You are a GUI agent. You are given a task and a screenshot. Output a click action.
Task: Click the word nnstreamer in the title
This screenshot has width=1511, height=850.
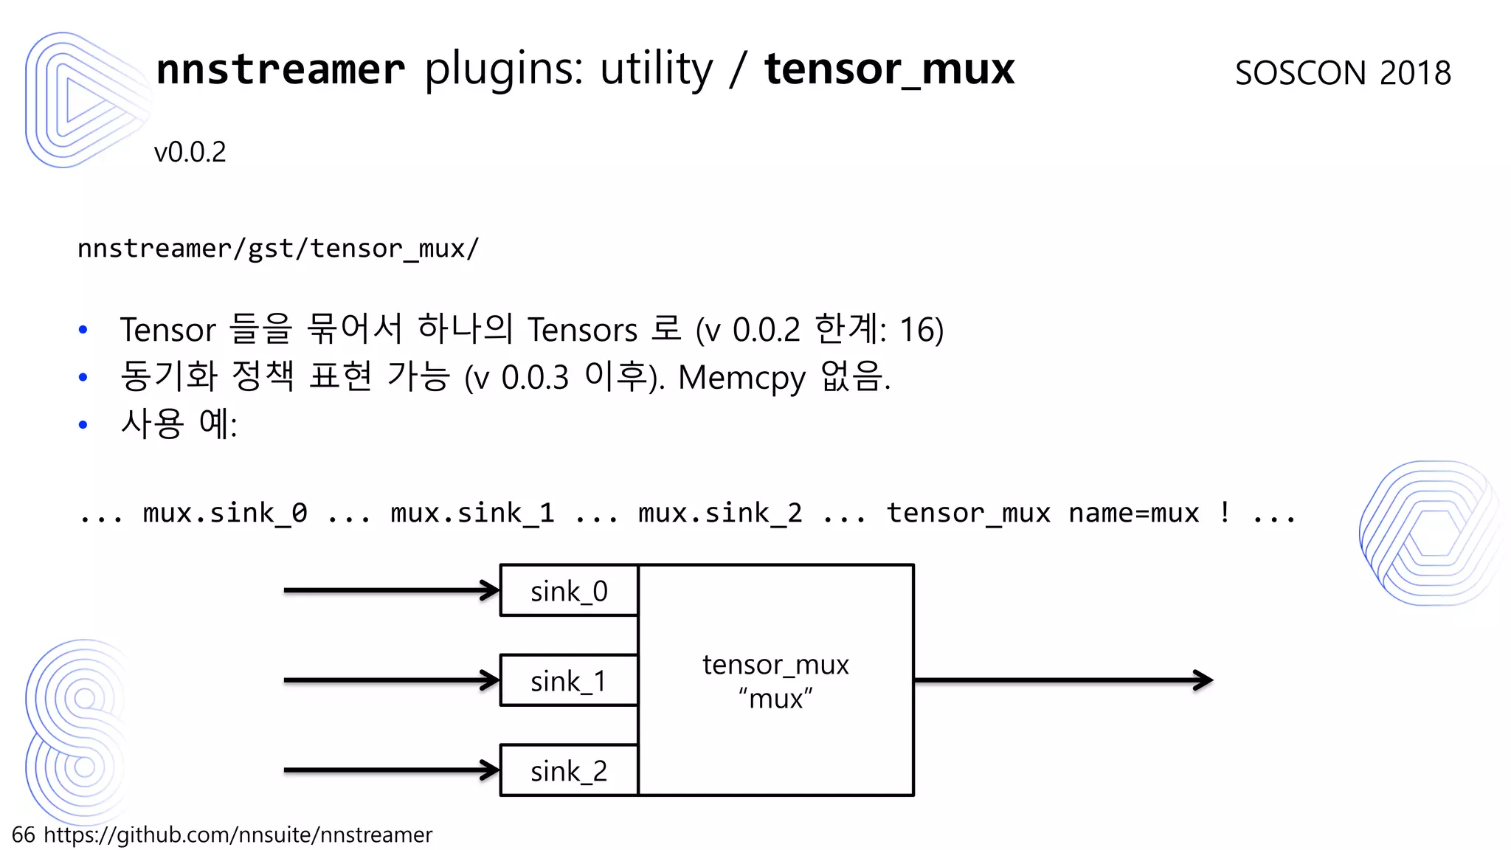pyautogui.click(x=280, y=69)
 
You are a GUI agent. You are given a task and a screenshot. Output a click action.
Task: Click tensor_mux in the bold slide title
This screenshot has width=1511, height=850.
pyautogui.click(x=889, y=69)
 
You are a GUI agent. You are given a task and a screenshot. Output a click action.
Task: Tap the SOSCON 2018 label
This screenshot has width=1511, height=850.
pyautogui.click(x=1343, y=73)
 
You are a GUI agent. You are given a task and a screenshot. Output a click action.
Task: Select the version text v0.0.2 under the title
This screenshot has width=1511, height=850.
pyautogui.click(x=190, y=152)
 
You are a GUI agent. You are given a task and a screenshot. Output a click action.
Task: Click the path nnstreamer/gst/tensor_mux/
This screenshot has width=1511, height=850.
pyautogui.click(x=278, y=249)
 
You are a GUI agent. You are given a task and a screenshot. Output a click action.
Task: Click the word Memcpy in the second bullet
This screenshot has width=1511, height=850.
pyautogui.click(x=741, y=378)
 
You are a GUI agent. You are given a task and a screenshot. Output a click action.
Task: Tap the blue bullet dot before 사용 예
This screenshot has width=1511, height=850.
pyautogui.click(x=83, y=425)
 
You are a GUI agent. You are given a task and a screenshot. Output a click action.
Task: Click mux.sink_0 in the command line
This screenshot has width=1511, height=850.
pyautogui.click(x=225, y=513)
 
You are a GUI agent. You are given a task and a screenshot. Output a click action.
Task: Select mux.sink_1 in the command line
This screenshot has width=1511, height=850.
pyautogui.click(x=472, y=513)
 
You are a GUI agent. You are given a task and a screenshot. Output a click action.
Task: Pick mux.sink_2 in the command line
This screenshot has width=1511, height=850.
pyautogui.click(x=720, y=513)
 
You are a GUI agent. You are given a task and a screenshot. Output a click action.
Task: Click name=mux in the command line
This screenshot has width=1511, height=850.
pyautogui.click(x=1133, y=513)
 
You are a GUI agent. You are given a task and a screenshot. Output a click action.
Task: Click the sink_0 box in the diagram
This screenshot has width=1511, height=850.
pyautogui.click(x=569, y=591)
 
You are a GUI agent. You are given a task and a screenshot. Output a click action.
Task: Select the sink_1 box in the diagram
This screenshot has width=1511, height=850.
pyautogui.click(x=569, y=681)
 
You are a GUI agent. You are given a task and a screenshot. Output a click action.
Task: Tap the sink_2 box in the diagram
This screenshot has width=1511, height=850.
pyautogui.click(x=569, y=771)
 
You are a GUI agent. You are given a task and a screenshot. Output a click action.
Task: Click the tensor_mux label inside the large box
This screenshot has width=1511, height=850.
pyautogui.click(x=775, y=665)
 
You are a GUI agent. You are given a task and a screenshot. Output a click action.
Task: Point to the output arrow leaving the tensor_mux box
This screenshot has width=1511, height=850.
pyautogui.click(x=1062, y=680)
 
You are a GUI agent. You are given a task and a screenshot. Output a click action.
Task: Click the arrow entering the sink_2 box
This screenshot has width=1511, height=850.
pyautogui.click(x=391, y=770)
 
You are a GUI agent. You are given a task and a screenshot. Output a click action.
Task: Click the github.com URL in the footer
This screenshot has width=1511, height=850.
pyautogui.click(x=238, y=835)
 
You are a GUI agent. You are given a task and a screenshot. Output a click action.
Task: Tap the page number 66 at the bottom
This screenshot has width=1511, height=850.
pyautogui.click(x=23, y=835)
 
